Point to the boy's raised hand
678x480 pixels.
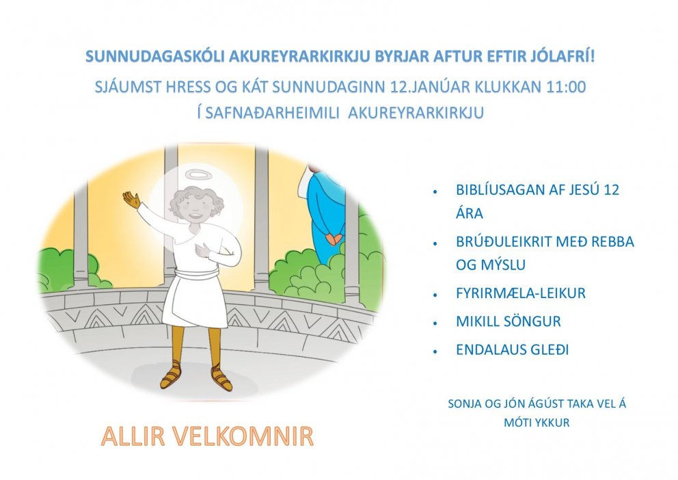[131, 200]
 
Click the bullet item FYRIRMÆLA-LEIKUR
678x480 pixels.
[520, 293]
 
